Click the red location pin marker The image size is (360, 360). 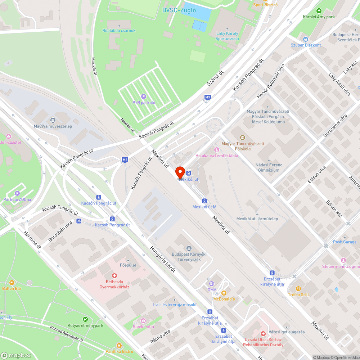pos(180,172)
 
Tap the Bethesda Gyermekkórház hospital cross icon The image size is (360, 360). pos(114,275)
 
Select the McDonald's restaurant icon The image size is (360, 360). pos(224,293)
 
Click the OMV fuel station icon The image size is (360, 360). pos(211,283)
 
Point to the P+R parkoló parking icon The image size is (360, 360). pos(144,96)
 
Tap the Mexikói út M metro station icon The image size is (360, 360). pos(204,201)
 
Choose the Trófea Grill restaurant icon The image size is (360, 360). pos(298,288)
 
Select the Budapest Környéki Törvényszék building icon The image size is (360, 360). pos(189,248)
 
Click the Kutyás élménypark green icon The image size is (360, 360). pos(85,319)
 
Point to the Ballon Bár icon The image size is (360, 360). pos(12,283)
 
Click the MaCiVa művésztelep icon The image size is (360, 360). pos(53,120)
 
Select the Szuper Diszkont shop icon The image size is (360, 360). pos(306,39)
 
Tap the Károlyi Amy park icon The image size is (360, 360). pos(319,11)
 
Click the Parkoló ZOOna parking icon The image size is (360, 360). pos(17,193)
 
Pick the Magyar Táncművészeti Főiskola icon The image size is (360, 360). pos(243,137)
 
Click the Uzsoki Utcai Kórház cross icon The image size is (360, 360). pos(263,334)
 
